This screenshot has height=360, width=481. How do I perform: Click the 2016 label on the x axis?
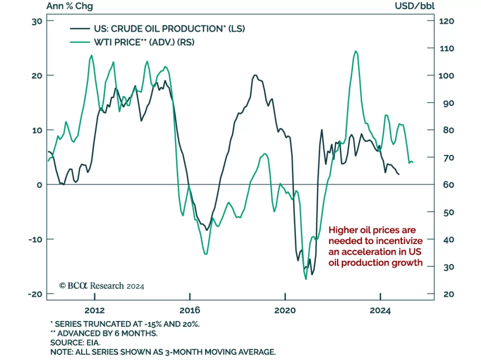coord(190,310)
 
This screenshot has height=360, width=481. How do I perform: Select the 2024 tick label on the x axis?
coord(380,310)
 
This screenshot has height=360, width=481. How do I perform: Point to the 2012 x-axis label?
coord(95,310)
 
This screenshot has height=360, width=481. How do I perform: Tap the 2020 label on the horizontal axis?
coord(285,310)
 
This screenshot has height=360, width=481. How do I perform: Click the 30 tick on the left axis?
coord(37,21)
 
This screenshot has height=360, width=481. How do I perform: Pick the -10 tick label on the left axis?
coord(35,239)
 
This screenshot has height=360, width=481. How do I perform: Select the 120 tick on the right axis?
coord(446,21)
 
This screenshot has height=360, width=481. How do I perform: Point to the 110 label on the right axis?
coord(447,48)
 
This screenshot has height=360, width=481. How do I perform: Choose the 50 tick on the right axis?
coord(449,212)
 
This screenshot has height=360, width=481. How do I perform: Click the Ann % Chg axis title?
coord(70,6)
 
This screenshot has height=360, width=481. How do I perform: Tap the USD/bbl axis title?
coord(415,6)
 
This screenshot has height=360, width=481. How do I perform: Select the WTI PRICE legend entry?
coord(144,42)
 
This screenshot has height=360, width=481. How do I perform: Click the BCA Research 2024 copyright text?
coord(102,286)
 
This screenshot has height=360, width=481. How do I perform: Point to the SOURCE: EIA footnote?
coord(75,343)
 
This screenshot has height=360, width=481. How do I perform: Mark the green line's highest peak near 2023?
coord(356,51)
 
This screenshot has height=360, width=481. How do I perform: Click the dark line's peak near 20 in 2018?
coord(255,75)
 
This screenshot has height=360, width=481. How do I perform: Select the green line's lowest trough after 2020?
coord(306,279)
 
